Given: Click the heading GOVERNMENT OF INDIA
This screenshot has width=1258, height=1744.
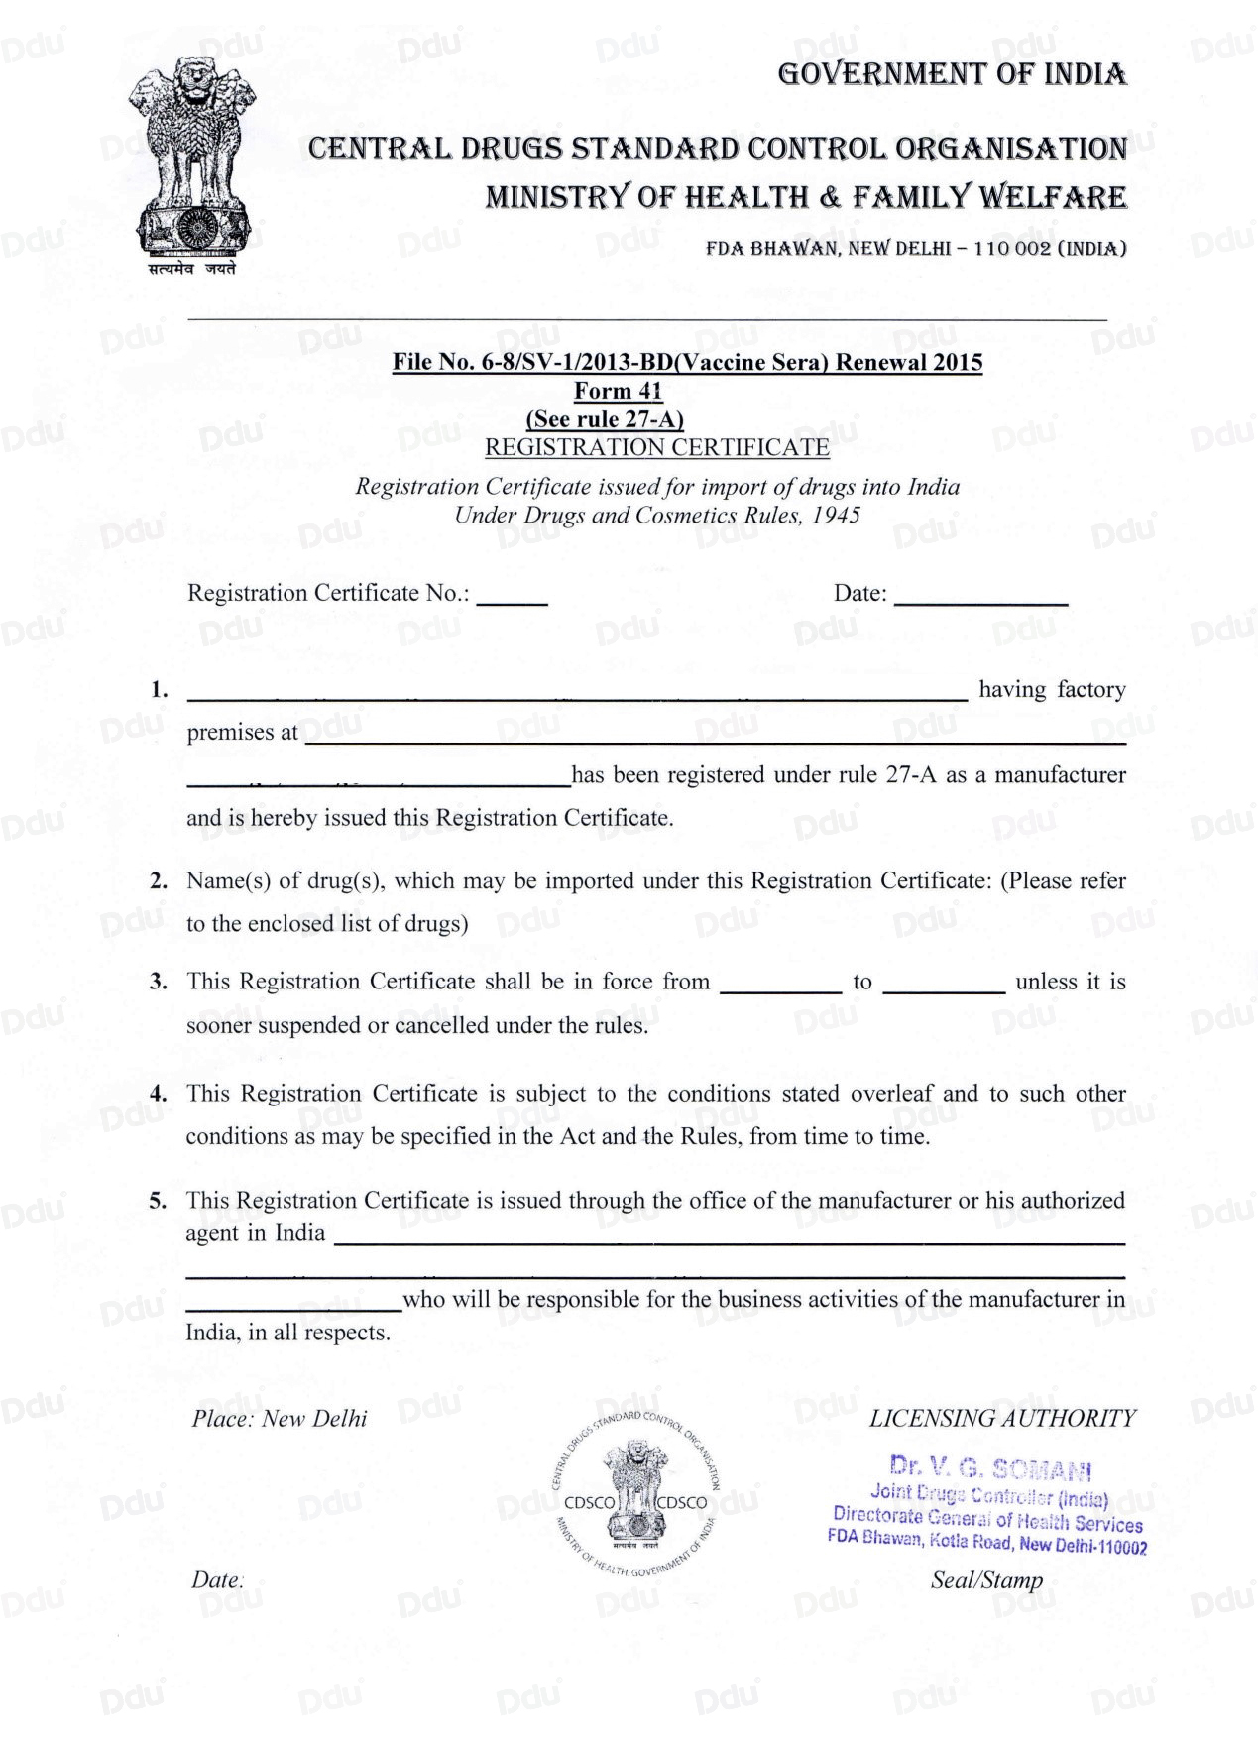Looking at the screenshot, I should coord(952,74).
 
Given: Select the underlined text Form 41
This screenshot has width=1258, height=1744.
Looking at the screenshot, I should coord(618,391).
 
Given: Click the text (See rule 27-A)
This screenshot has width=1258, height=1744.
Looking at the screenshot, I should coord(604,418).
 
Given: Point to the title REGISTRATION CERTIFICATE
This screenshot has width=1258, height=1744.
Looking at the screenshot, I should coord(656,447).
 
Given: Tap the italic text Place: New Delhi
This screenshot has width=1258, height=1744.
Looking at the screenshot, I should coord(280,1419).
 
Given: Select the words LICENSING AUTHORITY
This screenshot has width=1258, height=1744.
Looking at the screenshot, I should coord(1002,1419).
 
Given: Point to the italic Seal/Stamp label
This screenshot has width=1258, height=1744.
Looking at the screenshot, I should coord(986,1580).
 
